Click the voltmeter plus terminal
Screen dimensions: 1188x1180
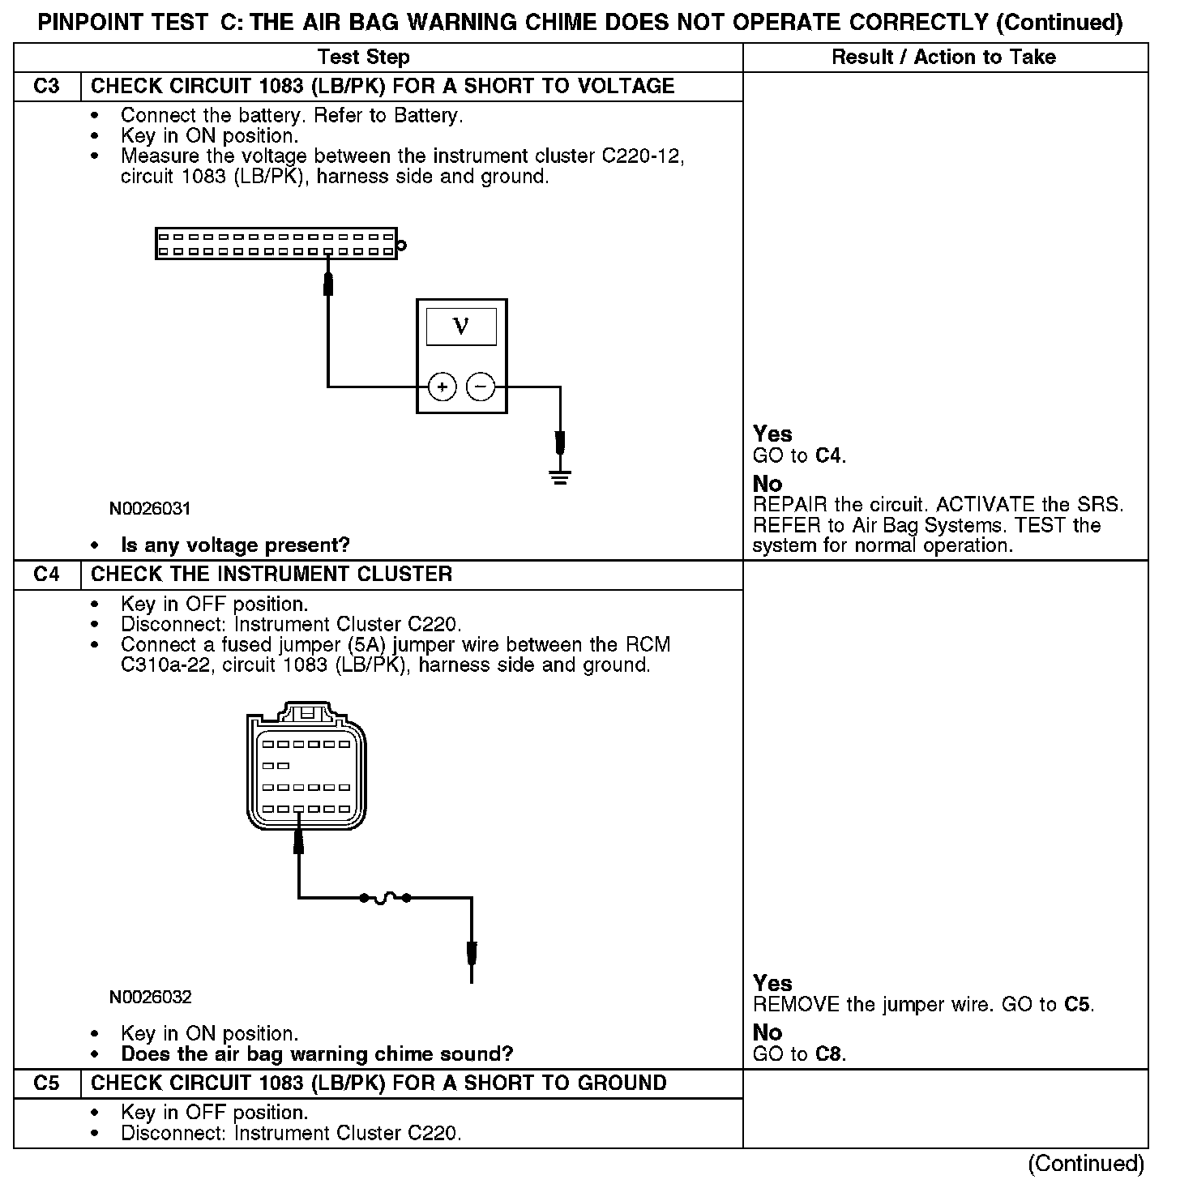point(442,387)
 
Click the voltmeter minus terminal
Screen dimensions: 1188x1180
point(481,387)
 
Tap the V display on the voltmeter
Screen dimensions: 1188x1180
point(461,327)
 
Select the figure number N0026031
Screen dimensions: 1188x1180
point(150,509)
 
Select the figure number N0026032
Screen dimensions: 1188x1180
point(150,996)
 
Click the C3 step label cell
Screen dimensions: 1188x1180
point(47,86)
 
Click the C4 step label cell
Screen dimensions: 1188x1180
point(47,575)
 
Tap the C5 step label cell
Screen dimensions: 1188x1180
point(47,1083)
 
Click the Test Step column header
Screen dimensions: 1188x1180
point(363,57)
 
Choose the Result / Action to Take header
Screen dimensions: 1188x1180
point(943,57)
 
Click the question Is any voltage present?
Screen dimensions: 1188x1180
point(235,545)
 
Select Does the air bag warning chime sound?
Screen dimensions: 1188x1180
point(317,1054)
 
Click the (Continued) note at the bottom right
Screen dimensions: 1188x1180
point(1085,1164)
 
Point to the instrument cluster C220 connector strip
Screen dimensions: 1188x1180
point(276,244)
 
